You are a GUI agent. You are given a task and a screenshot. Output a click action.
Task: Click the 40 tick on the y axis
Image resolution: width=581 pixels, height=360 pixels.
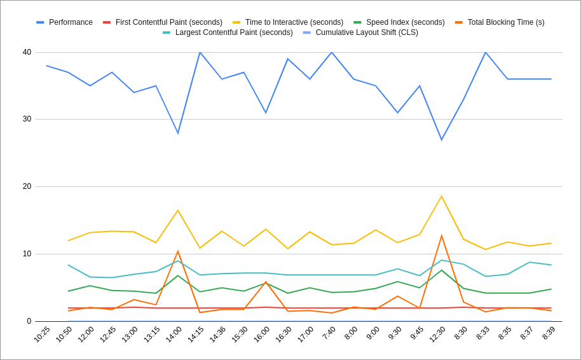click(27, 52)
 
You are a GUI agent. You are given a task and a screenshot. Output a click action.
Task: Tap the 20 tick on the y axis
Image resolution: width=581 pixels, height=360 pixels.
click(27, 186)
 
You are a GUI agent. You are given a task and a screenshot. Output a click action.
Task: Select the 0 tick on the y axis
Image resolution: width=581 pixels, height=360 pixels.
click(29, 321)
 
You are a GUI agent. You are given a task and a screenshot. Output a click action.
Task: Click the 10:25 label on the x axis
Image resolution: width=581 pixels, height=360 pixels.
click(42, 334)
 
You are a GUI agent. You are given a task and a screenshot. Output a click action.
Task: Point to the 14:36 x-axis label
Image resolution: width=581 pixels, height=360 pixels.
click(217, 334)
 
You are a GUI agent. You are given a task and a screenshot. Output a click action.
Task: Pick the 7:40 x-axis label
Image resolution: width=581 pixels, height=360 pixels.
click(329, 333)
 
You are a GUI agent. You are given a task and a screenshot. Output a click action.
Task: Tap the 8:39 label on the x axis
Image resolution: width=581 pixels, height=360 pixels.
click(549, 333)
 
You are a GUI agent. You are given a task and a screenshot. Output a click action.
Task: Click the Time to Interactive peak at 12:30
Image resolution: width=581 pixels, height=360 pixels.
click(441, 197)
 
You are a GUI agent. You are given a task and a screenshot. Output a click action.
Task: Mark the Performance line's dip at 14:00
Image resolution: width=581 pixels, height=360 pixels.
click(178, 133)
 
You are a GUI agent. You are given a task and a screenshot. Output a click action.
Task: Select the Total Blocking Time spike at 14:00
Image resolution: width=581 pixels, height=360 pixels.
click(178, 251)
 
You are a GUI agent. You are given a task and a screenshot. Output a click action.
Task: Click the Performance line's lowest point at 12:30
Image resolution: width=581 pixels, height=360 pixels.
click(441, 140)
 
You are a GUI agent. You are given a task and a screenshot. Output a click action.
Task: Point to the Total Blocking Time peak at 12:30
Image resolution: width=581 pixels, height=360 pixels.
click(441, 236)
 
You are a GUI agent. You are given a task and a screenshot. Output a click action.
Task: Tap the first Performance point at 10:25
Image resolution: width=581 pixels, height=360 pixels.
click(46, 66)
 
